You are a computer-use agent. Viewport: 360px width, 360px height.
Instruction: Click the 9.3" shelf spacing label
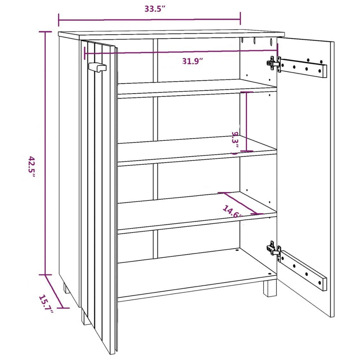[x=235, y=142]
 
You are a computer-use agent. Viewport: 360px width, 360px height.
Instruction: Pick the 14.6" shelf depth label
[x=233, y=212]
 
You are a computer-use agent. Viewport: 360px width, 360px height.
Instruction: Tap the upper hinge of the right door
[x=274, y=64]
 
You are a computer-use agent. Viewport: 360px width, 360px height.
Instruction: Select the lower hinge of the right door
[x=274, y=249]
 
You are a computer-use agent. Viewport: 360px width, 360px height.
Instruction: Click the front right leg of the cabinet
[x=270, y=288]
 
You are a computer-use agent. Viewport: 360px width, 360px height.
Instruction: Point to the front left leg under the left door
[x=86, y=317]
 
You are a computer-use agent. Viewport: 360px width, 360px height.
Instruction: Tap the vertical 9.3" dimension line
[x=246, y=121]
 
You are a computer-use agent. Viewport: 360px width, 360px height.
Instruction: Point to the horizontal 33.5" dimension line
[x=149, y=20]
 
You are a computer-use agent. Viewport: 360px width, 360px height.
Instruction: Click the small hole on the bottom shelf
[x=237, y=250]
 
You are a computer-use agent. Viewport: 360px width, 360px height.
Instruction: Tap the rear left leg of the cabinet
[x=66, y=288]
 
